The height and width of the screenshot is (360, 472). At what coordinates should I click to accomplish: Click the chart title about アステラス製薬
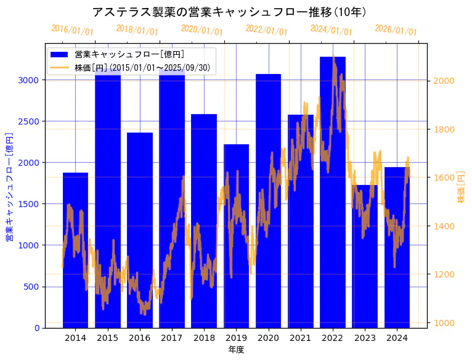pyautogui.click(x=229, y=12)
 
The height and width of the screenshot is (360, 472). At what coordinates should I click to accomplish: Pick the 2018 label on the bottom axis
pyautogui.click(x=204, y=338)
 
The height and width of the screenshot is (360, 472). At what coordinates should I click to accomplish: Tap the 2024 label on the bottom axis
pyautogui.click(x=397, y=338)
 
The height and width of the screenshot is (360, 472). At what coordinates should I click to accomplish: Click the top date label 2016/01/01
pyautogui.click(x=72, y=30)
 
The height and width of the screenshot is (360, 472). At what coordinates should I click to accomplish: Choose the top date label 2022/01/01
pyautogui.click(x=266, y=30)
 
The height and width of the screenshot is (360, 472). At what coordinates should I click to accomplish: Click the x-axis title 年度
pyautogui.click(x=236, y=350)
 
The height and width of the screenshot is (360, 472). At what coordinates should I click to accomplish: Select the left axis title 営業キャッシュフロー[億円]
pyautogui.click(x=9, y=186)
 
